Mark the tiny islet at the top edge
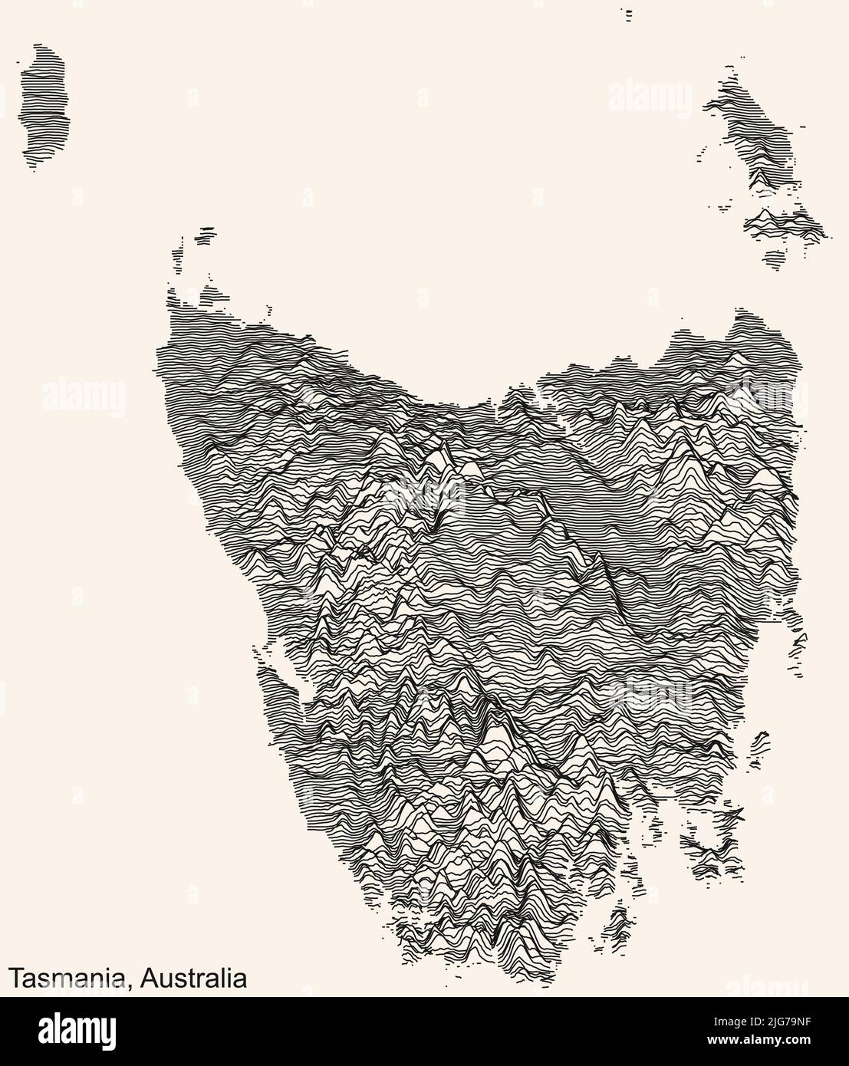(629, 13)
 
